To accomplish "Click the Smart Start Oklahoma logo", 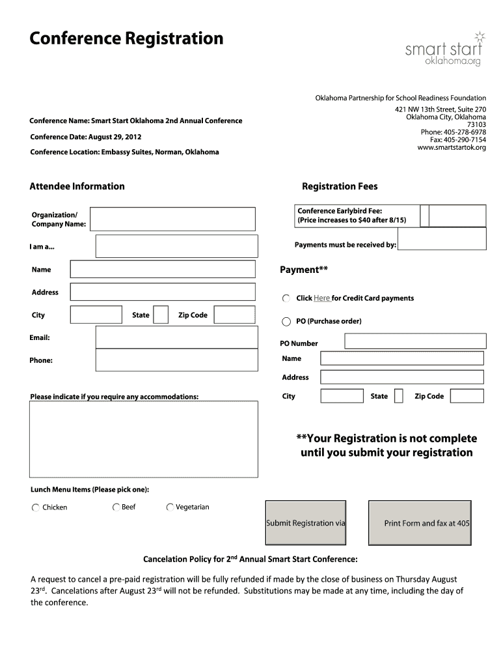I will [x=444, y=49].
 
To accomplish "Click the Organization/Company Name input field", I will [x=172, y=219].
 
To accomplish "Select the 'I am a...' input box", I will [x=176, y=246].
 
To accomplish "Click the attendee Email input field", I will [x=176, y=337].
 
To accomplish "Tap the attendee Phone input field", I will [x=176, y=360].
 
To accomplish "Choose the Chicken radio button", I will [x=35, y=507].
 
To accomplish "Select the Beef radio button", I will [x=116, y=507].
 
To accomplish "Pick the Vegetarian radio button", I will [x=170, y=507].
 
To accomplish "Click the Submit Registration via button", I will [x=306, y=522].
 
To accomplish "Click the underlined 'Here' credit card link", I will [x=322, y=298].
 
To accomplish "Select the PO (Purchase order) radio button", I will [x=286, y=321].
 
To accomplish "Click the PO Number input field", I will [x=414, y=341].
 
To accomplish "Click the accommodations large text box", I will [x=143, y=439].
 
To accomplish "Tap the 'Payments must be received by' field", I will [x=442, y=242].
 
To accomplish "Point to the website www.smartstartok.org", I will [x=452, y=148].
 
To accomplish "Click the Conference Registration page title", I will [x=126, y=39].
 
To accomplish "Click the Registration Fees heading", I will [x=340, y=186].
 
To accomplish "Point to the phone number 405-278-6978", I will [x=463, y=132].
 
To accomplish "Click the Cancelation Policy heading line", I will [x=250, y=559].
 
